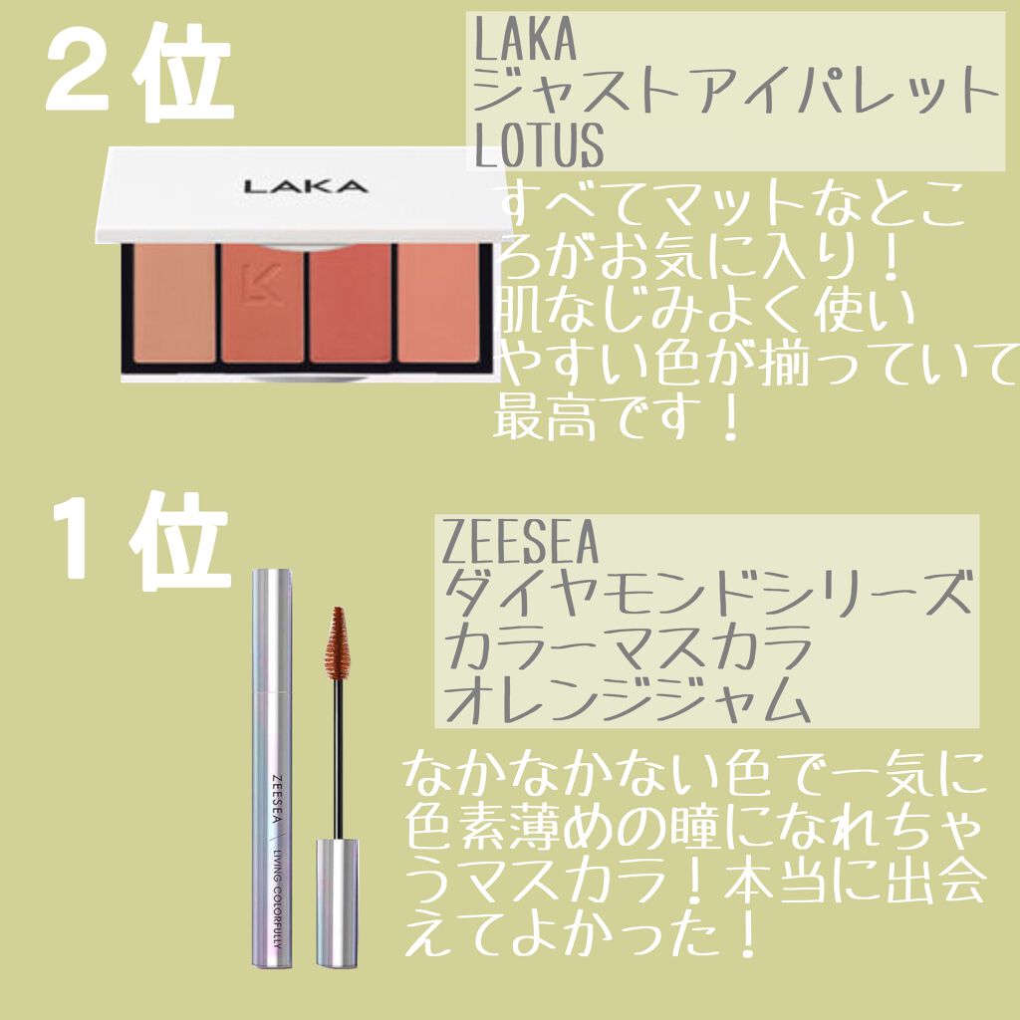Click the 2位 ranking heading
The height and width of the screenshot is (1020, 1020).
(138, 73)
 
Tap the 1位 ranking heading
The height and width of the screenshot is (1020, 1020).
(140, 541)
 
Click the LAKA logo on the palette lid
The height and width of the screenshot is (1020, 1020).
(306, 186)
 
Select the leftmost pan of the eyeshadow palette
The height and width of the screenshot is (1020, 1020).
(173, 303)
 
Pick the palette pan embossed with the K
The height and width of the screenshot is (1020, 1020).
(262, 303)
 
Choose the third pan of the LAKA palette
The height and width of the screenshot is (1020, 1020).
(350, 303)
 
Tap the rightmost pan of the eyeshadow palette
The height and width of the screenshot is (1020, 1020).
(438, 303)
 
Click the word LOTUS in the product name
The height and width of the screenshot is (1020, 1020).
(539, 145)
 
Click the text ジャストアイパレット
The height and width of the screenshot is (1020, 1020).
(736, 91)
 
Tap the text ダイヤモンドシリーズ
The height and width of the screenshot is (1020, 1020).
(707, 592)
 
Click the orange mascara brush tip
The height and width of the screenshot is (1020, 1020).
(338, 642)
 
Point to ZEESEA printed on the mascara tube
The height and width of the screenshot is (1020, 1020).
(277, 798)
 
